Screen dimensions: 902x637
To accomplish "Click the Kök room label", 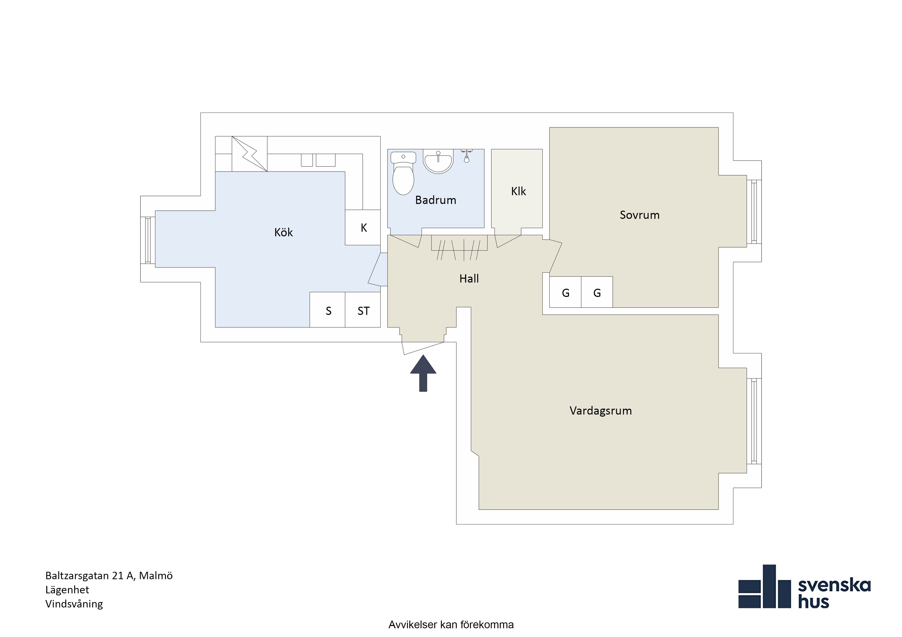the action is click(x=283, y=232).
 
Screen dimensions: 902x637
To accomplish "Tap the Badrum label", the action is click(x=436, y=200).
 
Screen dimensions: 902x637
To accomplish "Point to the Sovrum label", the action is click(x=639, y=215).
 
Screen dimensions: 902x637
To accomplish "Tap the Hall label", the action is click(x=469, y=279).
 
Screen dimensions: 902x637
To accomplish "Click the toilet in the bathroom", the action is click(x=403, y=173).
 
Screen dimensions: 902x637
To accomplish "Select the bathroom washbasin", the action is click(x=438, y=162).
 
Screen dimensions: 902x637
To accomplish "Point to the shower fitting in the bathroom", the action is click(x=466, y=156).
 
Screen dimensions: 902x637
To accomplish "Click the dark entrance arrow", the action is click(x=423, y=373).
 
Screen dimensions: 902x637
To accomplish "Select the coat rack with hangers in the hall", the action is click(x=459, y=247).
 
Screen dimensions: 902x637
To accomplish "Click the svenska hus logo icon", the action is click(x=764, y=586).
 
